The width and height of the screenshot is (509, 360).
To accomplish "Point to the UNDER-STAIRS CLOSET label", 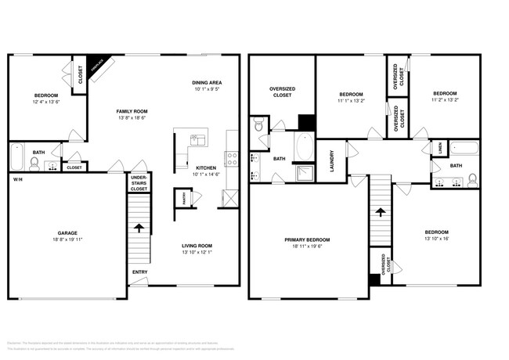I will (x=139, y=183).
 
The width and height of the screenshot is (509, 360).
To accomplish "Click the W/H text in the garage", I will (x=17, y=179).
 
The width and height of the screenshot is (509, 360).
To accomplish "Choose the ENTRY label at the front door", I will (x=140, y=272).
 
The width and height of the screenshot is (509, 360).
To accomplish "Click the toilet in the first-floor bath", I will (x=34, y=163).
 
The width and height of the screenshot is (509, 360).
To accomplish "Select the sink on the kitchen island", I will (x=196, y=140).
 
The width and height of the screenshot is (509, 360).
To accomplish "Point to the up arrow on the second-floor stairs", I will (x=380, y=211).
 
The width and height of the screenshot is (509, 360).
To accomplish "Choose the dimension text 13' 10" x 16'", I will (x=436, y=239).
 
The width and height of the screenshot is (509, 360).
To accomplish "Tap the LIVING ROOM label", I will (x=197, y=246).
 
